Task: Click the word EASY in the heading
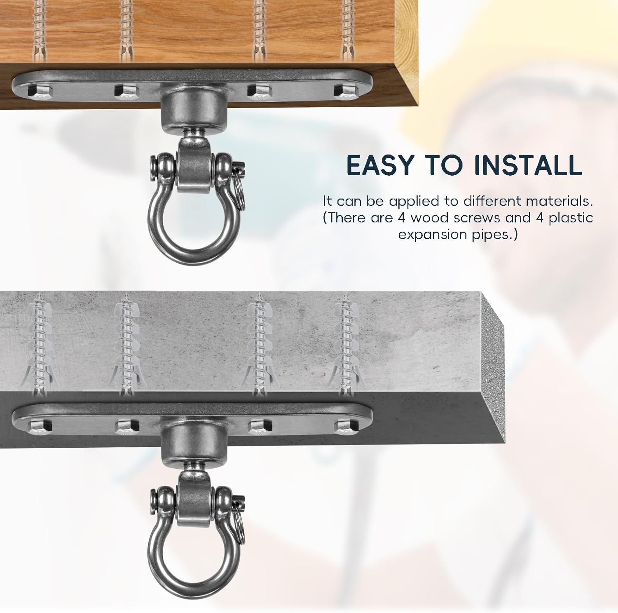point(379,165)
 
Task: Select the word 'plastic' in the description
point(571,218)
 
